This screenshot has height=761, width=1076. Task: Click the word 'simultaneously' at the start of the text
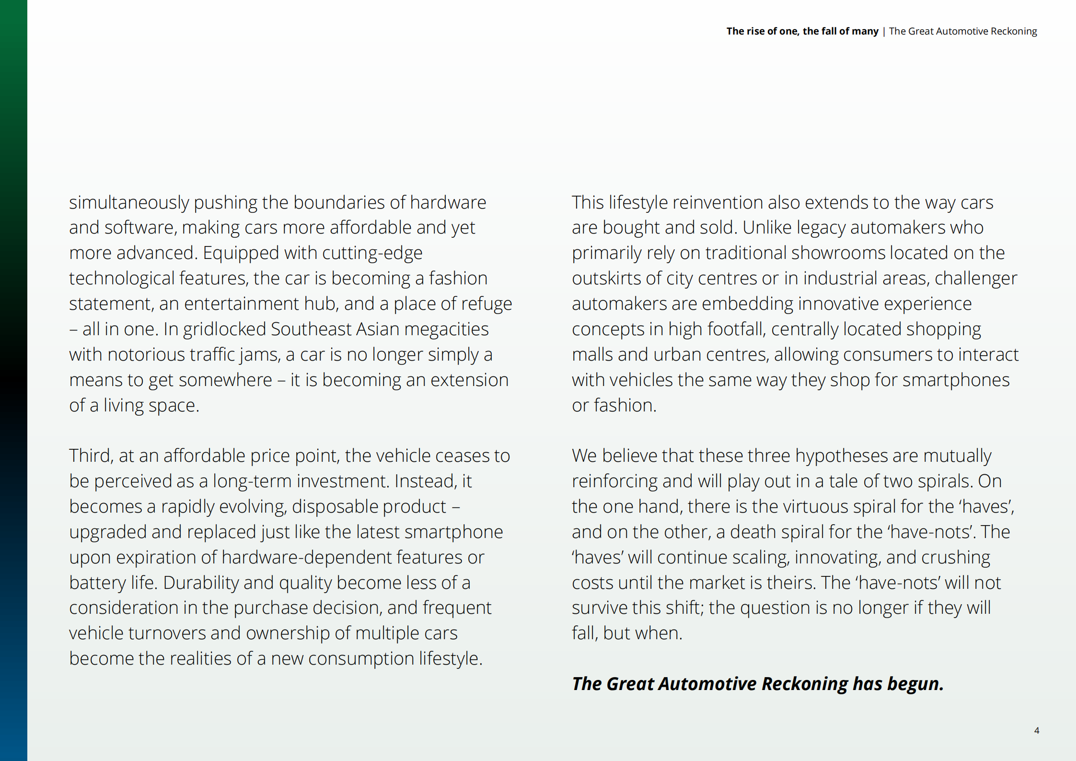pos(129,203)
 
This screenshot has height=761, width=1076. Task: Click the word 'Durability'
pos(201,583)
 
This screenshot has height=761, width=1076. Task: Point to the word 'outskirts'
pos(606,279)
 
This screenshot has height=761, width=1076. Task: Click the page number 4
pos(1036,730)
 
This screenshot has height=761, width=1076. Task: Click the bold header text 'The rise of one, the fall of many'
pos(802,31)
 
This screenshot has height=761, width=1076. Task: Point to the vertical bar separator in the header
pos(884,31)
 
